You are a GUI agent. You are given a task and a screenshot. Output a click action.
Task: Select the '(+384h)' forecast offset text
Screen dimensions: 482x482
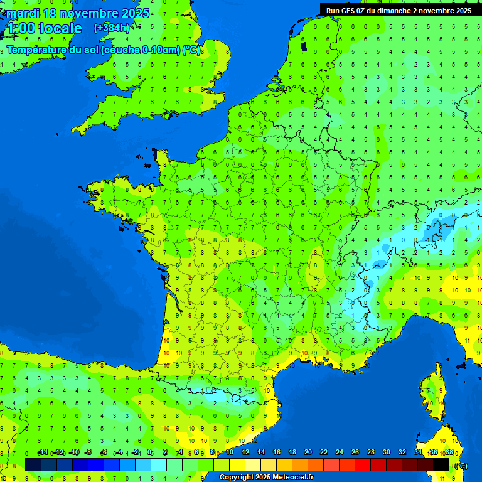coord(112,28)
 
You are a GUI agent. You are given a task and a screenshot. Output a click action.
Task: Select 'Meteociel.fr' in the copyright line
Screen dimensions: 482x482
coord(292,478)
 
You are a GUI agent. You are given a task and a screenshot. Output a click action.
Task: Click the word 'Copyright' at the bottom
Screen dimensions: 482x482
coord(237,478)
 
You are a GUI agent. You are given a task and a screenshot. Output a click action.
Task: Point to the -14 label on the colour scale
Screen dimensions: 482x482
coord(43,453)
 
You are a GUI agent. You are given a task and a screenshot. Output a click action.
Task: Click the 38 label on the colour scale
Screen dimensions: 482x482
coord(449,453)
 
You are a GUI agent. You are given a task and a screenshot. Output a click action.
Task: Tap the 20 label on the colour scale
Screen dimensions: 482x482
coord(308,453)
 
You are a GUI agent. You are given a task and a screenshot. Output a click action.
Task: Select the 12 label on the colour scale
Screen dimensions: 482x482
coord(245,453)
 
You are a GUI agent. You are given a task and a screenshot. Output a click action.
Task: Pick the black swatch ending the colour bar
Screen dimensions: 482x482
coord(441,464)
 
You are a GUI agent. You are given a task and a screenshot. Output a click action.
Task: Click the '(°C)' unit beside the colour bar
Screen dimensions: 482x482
coord(460,466)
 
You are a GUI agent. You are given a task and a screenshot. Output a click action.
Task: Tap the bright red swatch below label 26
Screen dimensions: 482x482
coord(363,464)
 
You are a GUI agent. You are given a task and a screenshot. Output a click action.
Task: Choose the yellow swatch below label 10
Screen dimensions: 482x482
coord(237,464)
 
